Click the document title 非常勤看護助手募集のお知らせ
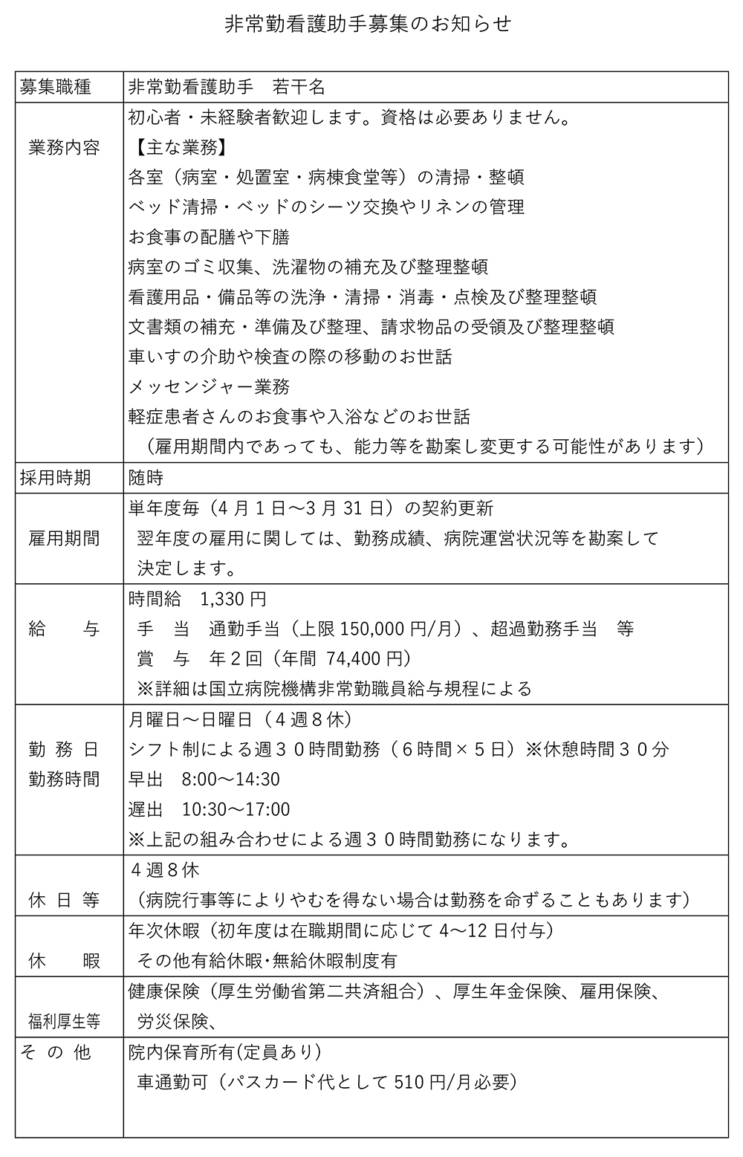click(368, 25)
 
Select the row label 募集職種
click(56, 87)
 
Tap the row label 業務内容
click(64, 147)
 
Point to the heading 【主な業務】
click(178, 147)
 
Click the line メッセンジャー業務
click(209, 386)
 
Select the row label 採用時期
click(56, 478)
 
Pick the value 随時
click(146, 478)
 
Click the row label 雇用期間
click(64, 538)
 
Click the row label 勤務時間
click(64, 780)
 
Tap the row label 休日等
click(64, 900)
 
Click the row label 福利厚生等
click(64, 1022)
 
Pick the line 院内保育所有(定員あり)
click(224, 1052)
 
